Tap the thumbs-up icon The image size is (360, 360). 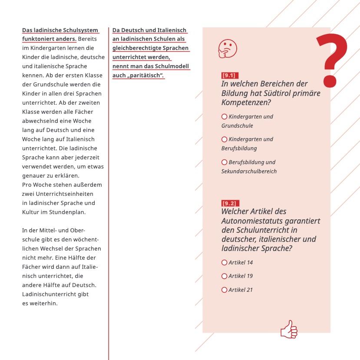pos(289,330)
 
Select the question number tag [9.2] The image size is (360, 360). pos(229,203)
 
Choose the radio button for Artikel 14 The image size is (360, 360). pos(225,262)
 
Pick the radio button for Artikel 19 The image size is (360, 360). pos(225,276)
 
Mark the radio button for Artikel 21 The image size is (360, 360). pos(225,290)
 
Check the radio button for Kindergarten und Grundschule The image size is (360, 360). pos(225,117)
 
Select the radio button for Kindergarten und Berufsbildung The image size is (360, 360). pos(225,139)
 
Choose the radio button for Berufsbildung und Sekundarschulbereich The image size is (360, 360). pos(225,162)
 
